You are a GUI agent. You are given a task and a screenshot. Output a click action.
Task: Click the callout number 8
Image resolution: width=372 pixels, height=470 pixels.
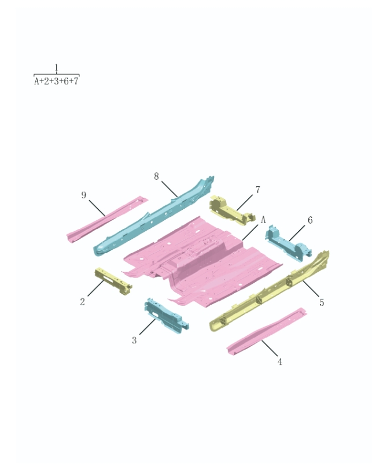tap(156, 176)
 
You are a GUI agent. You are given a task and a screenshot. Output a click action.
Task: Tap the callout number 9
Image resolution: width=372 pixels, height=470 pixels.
tap(84, 195)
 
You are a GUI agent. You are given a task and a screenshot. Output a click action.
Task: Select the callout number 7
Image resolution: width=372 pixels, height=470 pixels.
tap(257, 190)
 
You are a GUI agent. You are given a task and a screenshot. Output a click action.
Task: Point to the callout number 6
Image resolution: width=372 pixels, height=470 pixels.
tap(310, 220)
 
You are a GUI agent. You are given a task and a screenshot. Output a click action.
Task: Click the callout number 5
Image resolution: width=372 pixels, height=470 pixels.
tap(322, 302)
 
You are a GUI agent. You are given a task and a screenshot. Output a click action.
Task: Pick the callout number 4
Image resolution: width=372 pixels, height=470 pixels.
tap(279, 362)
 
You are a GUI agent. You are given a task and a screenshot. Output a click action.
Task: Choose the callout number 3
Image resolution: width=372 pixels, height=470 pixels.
tap(134, 340)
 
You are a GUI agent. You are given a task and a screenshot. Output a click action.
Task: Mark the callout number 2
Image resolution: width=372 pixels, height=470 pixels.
tap(83, 302)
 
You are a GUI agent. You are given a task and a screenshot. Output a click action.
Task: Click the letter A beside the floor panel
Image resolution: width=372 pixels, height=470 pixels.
tap(263, 220)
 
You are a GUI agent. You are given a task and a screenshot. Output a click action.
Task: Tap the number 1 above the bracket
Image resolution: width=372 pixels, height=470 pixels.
tap(56, 68)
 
